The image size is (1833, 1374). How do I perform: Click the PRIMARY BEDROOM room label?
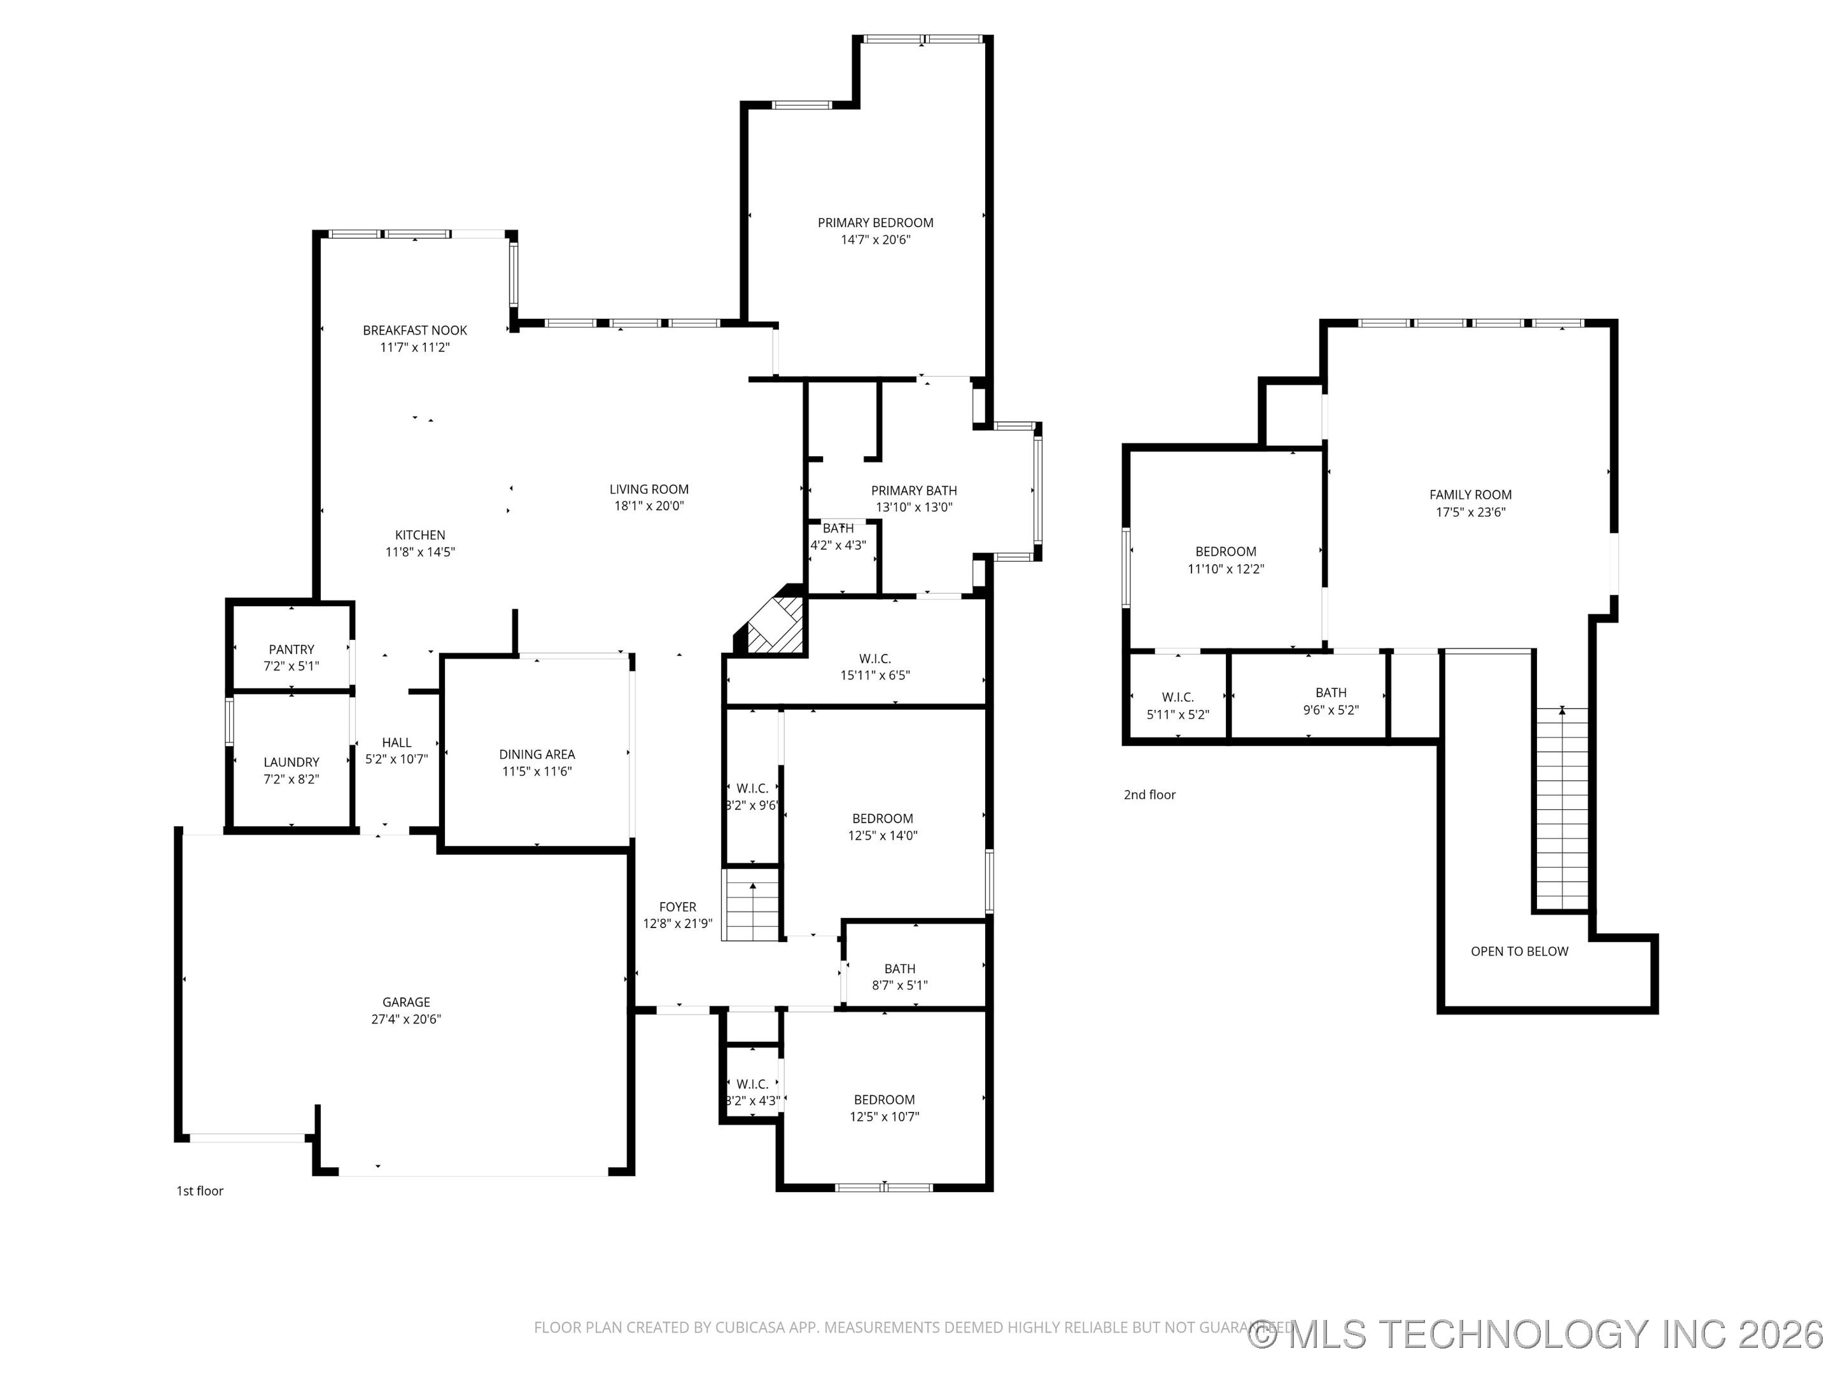[x=875, y=223]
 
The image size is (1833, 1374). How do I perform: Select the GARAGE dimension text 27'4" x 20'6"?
[x=406, y=1018]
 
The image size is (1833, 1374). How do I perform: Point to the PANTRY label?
[x=291, y=649]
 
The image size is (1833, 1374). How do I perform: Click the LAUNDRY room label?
[x=291, y=762]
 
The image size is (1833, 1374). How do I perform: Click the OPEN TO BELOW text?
[x=1519, y=952]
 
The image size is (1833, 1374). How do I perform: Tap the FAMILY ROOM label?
[x=1470, y=494]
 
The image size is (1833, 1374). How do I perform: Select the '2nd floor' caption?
[x=1149, y=795]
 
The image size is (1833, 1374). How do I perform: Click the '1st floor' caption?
[x=200, y=1191]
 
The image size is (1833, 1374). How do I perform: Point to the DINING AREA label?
[x=537, y=754]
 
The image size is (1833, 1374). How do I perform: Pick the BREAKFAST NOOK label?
[x=415, y=330]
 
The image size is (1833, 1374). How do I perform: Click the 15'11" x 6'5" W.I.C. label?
[x=875, y=675]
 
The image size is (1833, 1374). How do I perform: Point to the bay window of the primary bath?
[x=1037, y=491]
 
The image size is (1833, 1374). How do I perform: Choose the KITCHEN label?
[x=420, y=535]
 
